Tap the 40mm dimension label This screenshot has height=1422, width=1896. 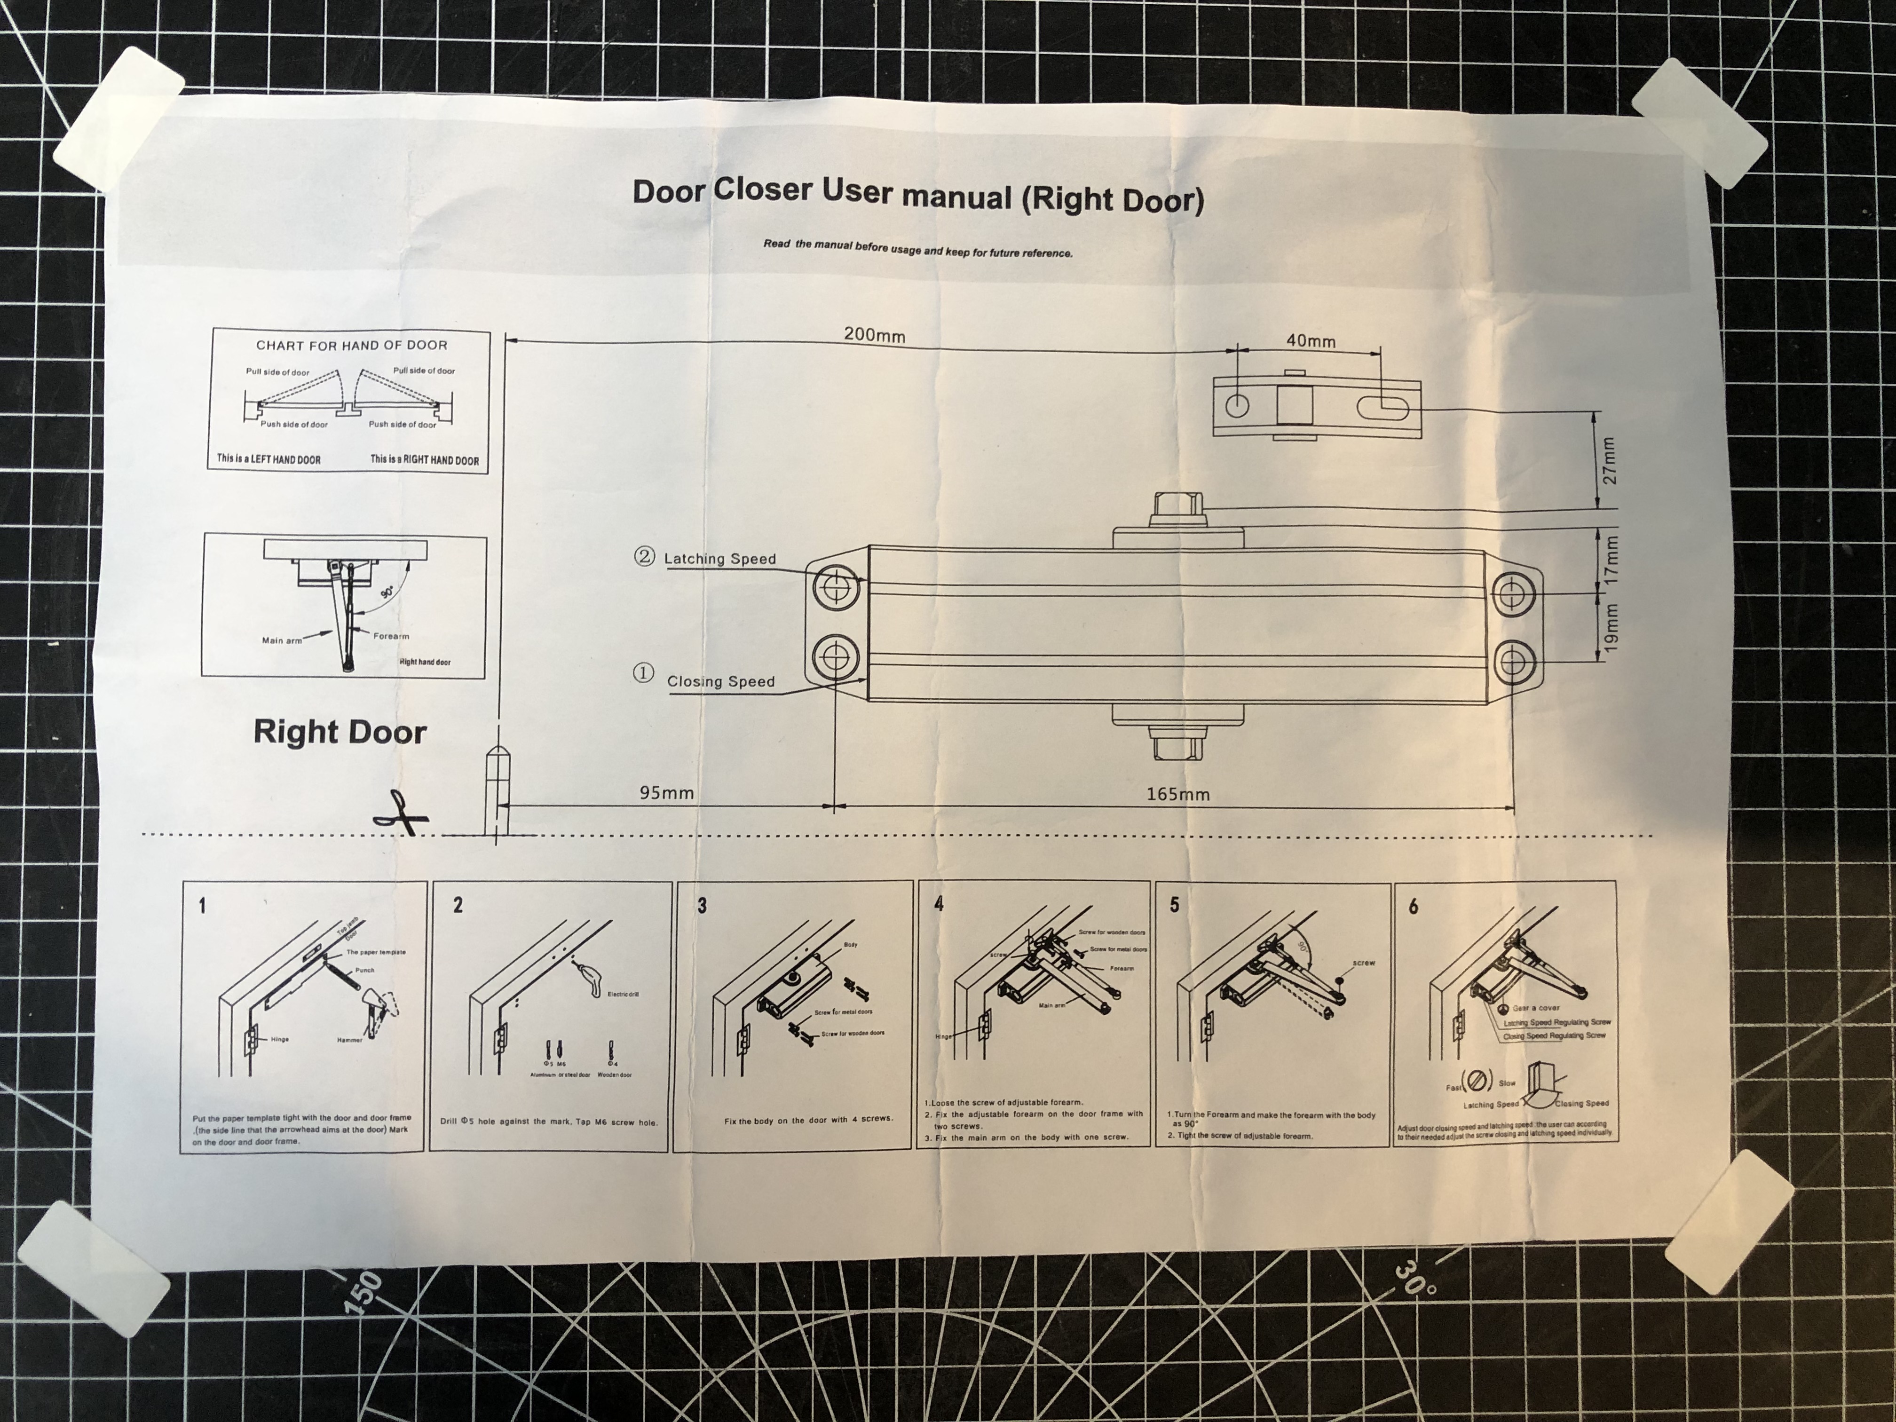click(x=1311, y=340)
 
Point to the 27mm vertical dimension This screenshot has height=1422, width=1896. click(x=1609, y=461)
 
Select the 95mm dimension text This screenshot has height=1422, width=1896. click(x=666, y=793)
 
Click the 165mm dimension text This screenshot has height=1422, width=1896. click(x=1178, y=795)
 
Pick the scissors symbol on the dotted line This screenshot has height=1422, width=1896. click(x=399, y=813)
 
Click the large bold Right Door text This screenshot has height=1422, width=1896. click(x=340, y=732)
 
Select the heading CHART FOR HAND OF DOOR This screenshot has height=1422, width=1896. click(x=351, y=346)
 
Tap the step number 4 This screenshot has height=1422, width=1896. click(x=939, y=904)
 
